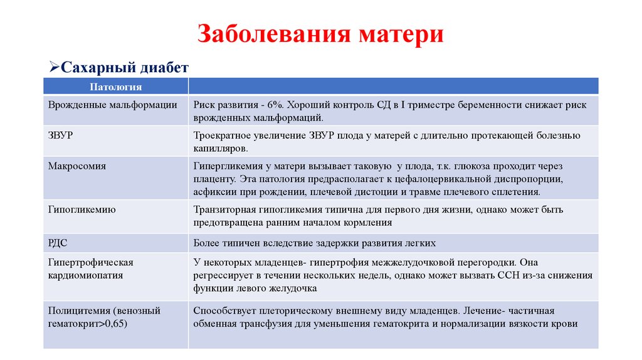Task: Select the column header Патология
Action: coord(115,87)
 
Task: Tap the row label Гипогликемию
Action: coord(82,209)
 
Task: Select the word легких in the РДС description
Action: coord(420,242)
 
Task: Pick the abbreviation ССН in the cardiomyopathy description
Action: coord(520,275)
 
